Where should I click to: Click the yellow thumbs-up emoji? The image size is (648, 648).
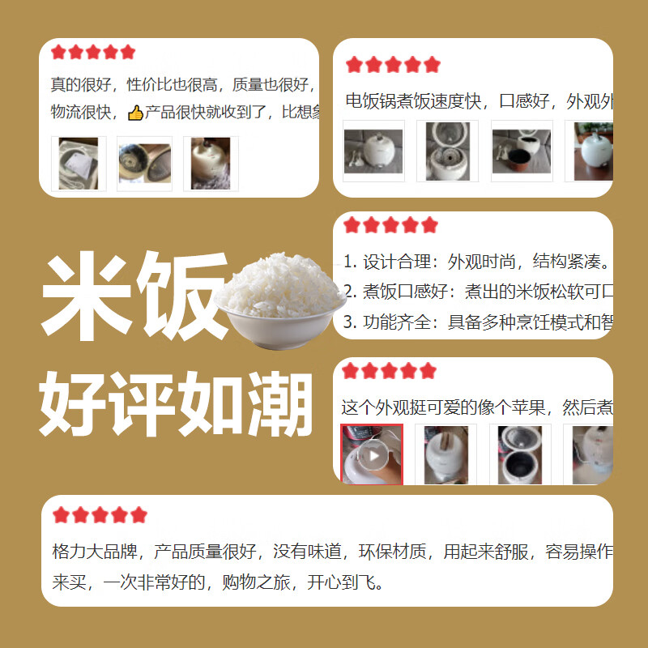pyautogui.click(x=135, y=113)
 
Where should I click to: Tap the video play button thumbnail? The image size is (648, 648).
pyautogui.click(x=373, y=454)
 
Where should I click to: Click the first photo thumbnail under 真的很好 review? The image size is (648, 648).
pyautogui.click(x=79, y=164)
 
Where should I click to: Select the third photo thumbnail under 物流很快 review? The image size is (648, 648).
pyautogui.click(x=210, y=164)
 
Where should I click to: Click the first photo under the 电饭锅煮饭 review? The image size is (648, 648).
pyautogui.click(x=373, y=151)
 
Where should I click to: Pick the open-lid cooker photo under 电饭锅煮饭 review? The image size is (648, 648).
pyautogui.click(x=448, y=151)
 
